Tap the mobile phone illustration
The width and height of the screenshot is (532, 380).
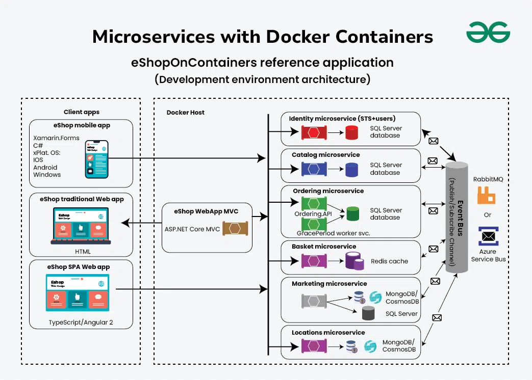pos(96,159)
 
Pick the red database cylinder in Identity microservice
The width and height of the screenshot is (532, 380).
pos(352,132)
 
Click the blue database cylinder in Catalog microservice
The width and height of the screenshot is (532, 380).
pos(352,169)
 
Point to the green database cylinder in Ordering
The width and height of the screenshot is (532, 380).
pos(352,213)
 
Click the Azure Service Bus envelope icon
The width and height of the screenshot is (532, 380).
pos(488,236)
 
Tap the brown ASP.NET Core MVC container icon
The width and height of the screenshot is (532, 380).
pos(235,229)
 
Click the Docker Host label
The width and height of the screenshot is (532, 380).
pos(185,113)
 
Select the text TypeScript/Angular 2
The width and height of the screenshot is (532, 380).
pos(81,322)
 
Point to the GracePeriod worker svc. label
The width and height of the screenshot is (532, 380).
pos(333,233)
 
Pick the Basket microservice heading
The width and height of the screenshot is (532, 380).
pos(324,247)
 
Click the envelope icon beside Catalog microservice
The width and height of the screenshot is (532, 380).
pos(433,161)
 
